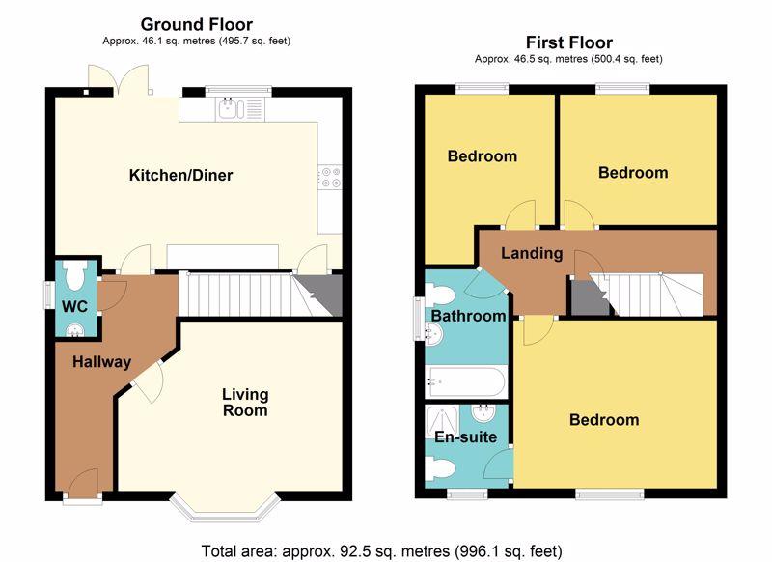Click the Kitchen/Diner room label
[x=180, y=175]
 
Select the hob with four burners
[x=329, y=177]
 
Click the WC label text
[x=75, y=306]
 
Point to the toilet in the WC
[x=74, y=276]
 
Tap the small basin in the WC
[x=75, y=329]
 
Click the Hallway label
[x=102, y=362]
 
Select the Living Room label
[x=245, y=402]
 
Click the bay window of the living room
[x=225, y=507]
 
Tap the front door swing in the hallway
[x=83, y=480]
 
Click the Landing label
[x=532, y=254]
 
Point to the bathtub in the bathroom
[x=466, y=381]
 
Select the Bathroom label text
[x=468, y=316]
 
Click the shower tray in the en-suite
[x=442, y=423]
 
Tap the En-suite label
[x=466, y=436]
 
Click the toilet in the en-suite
[x=440, y=468]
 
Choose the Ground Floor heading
[x=197, y=24]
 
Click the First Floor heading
[x=569, y=42]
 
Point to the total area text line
[x=381, y=550]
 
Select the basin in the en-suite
[x=483, y=413]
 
